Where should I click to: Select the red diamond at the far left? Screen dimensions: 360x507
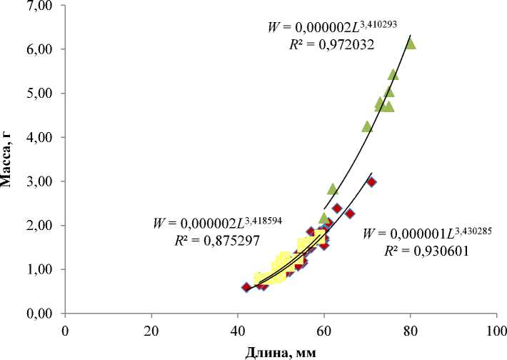coord(246,287)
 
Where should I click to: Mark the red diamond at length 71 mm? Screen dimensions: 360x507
coord(371,182)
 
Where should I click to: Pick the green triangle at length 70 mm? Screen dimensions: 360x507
coord(367,126)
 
